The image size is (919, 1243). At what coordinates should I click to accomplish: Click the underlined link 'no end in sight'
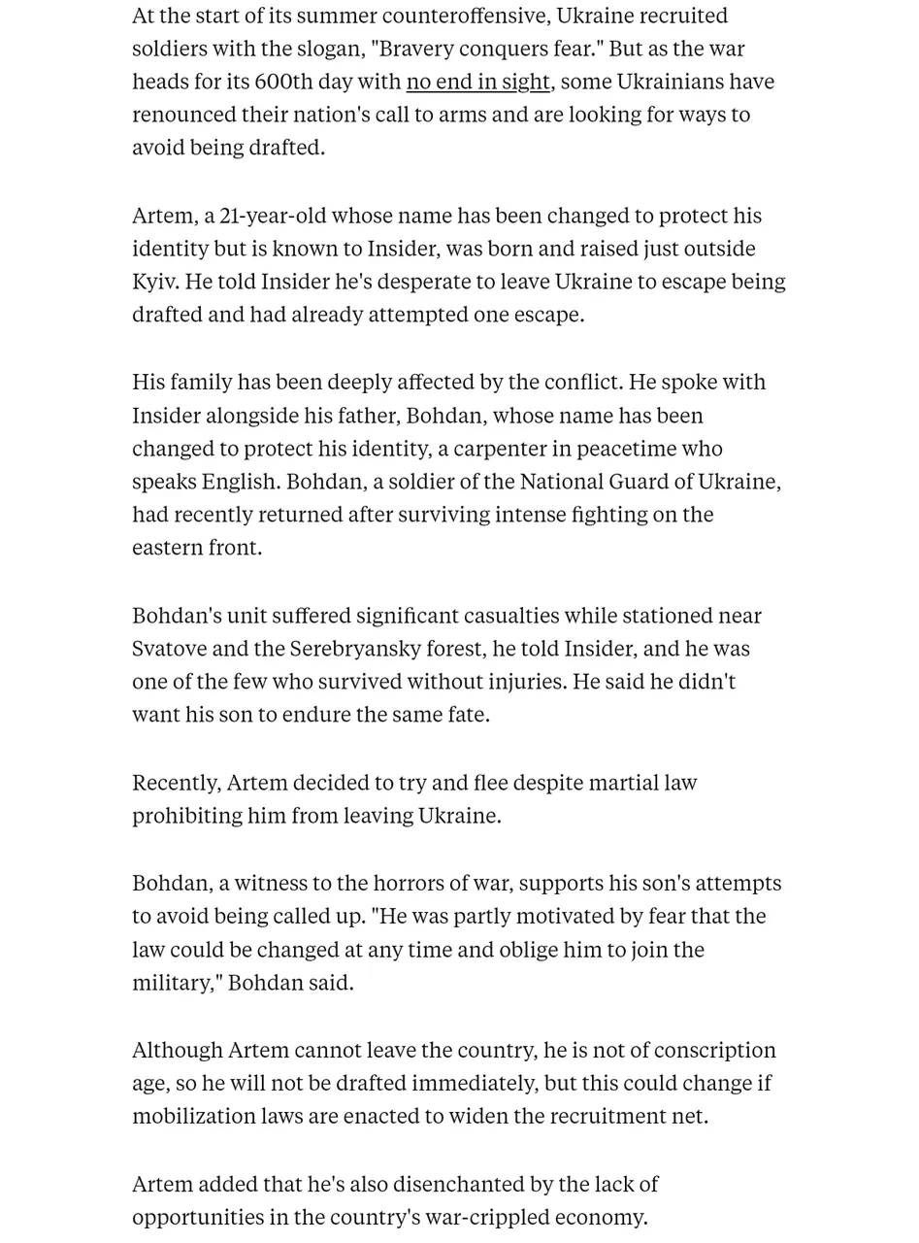coord(477,82)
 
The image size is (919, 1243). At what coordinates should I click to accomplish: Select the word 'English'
coord(240,482)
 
